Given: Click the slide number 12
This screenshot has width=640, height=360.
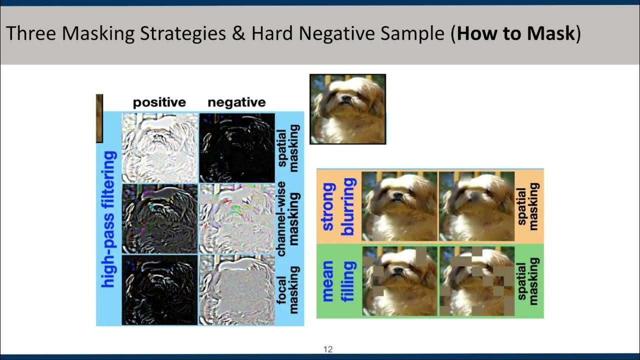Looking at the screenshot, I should (x=328, y=349).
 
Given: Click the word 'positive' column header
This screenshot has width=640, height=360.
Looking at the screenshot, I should (x=159, y=102).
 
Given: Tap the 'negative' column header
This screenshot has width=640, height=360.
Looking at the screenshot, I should (x=236, y=102).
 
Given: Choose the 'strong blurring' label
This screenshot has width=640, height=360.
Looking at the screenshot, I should (x=338, y=206).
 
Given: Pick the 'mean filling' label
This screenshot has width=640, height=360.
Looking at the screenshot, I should (x=338, y=280).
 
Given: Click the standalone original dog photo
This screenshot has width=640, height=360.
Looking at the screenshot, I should (x=347, y=109).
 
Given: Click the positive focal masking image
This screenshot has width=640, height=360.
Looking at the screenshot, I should (x=159, y=289).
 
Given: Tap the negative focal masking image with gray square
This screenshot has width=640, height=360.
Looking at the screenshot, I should (x=237, y=289).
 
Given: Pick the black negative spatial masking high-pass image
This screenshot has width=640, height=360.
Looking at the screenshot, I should (x=237, y=147).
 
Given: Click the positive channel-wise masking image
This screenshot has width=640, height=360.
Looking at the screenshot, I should (x=159, y=218).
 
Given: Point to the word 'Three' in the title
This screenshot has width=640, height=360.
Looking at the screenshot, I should (x=30, y=33).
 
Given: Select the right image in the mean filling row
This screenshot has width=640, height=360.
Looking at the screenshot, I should (x=476, y=280).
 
